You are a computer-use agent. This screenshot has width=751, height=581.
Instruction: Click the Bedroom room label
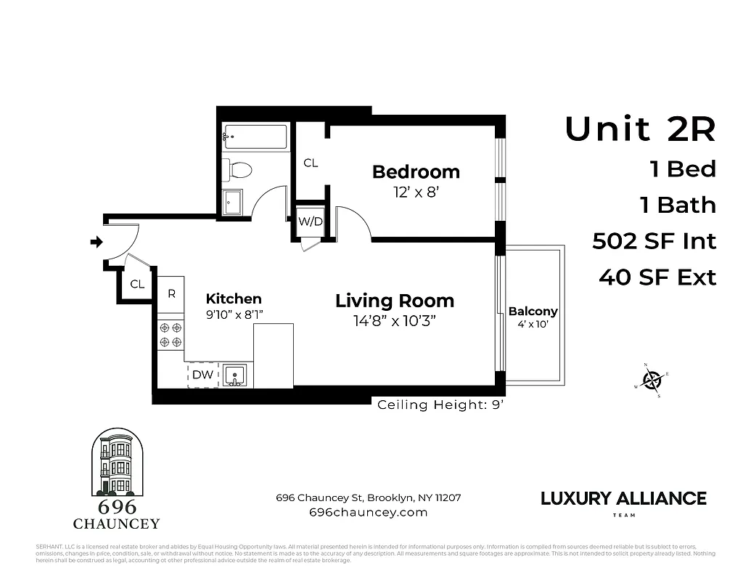pyautogui.click(x=416, y=172)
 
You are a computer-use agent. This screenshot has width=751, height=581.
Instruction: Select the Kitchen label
pyautogui.click(x=234, y=299)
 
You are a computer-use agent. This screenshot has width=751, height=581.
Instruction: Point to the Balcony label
pyautogui.click(x=533, y=312)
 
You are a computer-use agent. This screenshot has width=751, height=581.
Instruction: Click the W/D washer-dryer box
pyautogui.click(x=311, y=222)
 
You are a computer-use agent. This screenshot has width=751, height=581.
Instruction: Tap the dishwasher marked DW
pyautogui.click(x=202, y=375)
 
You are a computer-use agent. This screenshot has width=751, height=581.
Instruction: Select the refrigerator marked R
pyautogui.click(x=171, y=294)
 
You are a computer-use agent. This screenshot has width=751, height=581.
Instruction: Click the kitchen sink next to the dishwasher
pyautogui.click(x=235, y=375)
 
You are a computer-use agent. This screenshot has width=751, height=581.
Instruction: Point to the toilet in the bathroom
pyautogui.click(x=237, y=171)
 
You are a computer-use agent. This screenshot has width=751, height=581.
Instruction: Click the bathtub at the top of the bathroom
pyautogui.click(x=255, y=136)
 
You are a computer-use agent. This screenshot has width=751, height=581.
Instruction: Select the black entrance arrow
pyautogui.click(x=96, y=243)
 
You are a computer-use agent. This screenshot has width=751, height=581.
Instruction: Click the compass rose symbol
pyautogui.click(x=652, y=380)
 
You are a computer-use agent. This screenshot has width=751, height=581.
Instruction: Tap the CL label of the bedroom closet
pyautogui.click(x=311, y=163)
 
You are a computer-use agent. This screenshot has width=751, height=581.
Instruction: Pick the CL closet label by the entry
pyautogui.click(x=137, y=285)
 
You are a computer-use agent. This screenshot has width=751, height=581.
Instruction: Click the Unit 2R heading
pyautogui.click(x=640, y=129)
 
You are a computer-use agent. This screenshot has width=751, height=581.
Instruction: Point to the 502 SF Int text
pyautogui.click(x=654, y=241)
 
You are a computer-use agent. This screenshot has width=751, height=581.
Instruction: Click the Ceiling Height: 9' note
pyautogui.click(x=440, y=405)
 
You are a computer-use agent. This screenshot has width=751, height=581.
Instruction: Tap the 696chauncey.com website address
pyautogui.click(x=368, y=512)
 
